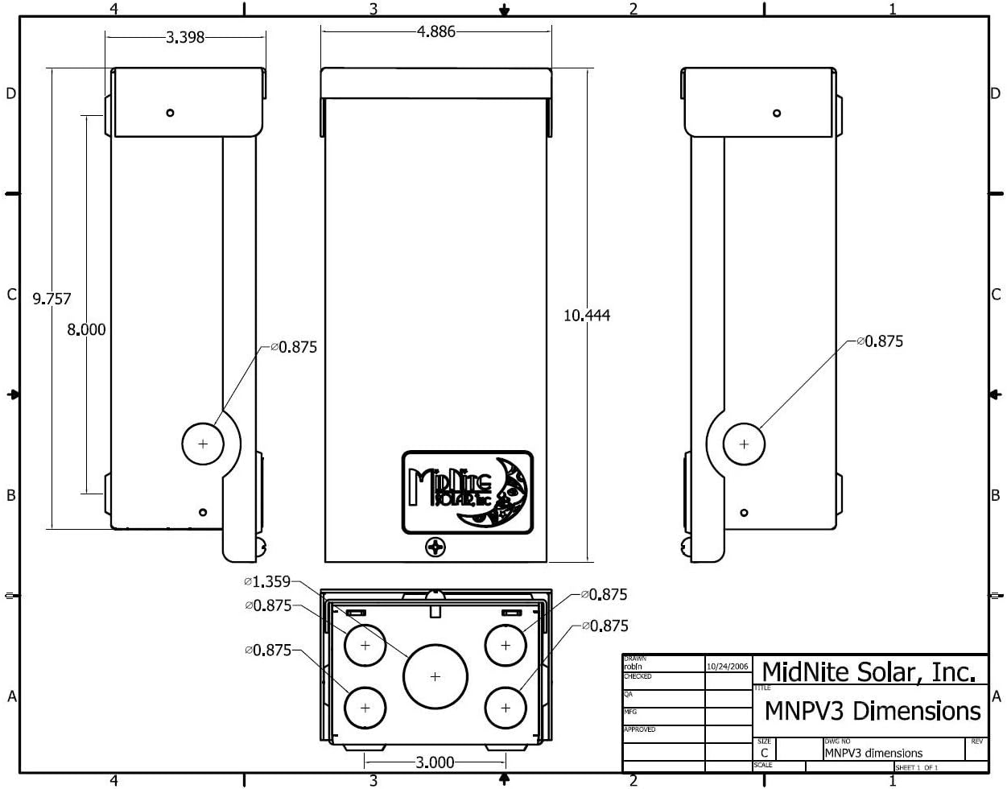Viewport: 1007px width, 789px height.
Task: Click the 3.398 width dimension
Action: [x=185, y=37]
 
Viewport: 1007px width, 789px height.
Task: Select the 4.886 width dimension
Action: [x=435, y=32]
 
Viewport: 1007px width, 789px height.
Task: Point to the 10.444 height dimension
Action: [x=586, y=316]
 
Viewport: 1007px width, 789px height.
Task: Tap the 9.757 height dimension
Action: [x=52, y=299]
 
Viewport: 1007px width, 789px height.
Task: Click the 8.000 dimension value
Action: [x=85, y=329]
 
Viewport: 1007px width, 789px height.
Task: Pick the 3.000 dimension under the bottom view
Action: [x=434, y=762]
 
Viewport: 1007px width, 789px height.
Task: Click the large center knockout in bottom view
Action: [x=435, y=676]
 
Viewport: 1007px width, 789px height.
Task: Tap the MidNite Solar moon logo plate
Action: [x=468, y=492]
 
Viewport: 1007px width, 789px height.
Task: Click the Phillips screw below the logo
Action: [x=435, y=547]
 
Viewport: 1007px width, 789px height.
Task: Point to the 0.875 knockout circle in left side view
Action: [x=203, y=443]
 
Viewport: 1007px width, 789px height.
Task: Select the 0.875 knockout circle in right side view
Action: [x=744, y=444]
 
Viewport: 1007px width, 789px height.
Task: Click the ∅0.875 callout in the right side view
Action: [x=880, y=341]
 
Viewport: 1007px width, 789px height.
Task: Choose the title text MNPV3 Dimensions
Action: [x=872, y=711]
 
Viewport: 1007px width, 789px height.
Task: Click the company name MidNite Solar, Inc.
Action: [x=873, y=671]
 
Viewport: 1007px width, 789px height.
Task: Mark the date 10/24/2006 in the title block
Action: [x=728, y=667]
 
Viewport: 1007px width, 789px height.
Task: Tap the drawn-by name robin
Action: [x=634, y=667]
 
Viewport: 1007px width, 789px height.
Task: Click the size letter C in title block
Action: [x=765, y=754]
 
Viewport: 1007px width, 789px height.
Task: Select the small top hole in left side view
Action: [x=170, y=113]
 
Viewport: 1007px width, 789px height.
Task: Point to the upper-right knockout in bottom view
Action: [x=506, y=645]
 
